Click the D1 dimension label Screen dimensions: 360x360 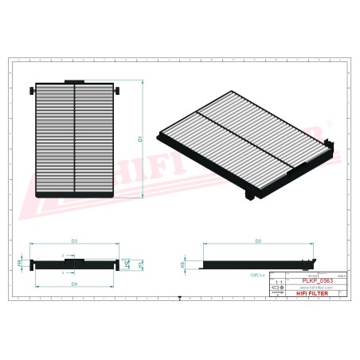(140, 139)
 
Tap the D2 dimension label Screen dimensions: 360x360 (258, 240)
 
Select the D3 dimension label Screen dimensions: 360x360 (74, 240)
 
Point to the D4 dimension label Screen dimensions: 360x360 (74, 284)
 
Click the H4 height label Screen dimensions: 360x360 (19, 261)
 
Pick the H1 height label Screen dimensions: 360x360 (140, 264)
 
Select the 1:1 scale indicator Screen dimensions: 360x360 (278, 282)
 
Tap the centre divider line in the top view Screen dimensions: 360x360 (75, 139)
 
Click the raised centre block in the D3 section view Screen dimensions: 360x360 (75, 261)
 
